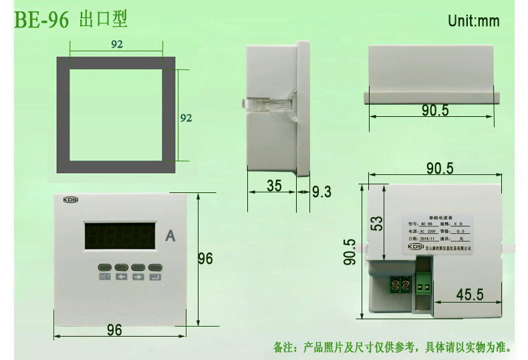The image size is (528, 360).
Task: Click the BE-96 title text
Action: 41,19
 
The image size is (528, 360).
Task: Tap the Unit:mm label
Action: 473,21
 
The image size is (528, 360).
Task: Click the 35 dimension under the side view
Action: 274,186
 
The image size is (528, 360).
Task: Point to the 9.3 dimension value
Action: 321,192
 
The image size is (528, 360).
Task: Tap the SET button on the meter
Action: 105,266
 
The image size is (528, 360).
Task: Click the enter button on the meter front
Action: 155,266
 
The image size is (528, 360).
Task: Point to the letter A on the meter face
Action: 170,236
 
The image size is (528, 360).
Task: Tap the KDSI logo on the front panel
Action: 71,199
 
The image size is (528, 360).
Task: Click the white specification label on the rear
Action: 439,234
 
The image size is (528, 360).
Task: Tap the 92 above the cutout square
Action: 116,43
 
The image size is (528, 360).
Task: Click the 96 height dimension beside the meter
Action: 205,258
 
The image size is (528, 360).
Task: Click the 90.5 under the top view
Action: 435,110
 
